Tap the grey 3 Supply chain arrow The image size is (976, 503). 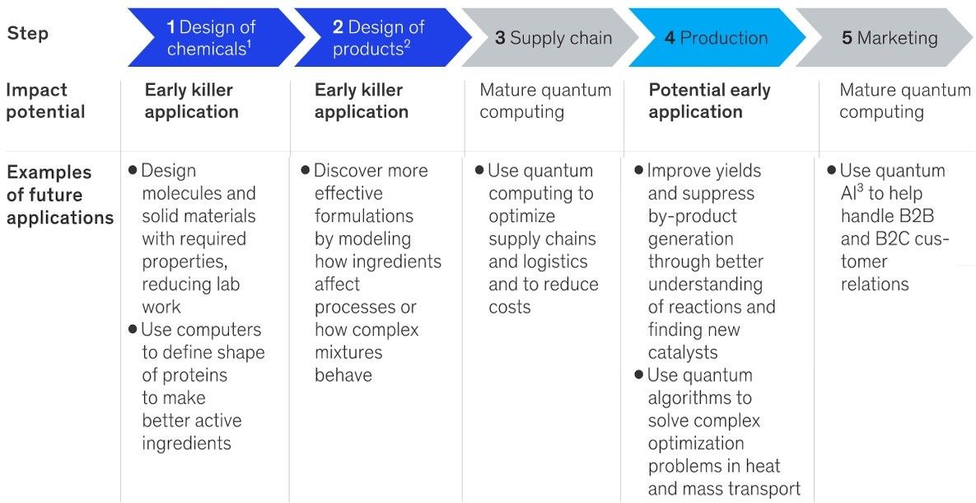pos(550,37)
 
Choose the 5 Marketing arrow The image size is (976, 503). pos(885,37)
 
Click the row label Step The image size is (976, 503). pos(27,34)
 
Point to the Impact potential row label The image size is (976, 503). pos(45,101)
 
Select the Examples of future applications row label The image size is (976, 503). pos(60,195)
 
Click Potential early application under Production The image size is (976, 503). pos(710,101)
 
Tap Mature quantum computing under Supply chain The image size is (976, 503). pos(545,101)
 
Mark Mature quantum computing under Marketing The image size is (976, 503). pos(905,101)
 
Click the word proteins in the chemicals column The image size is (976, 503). pos(194,376)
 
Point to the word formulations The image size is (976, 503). pos(363,216)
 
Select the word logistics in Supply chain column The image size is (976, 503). pos(557,261)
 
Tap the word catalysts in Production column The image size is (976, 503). pos(683,353)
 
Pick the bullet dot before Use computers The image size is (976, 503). pos(133,329)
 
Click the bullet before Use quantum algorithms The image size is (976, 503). pos(638,374)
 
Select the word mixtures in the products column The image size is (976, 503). pos(348,353)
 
